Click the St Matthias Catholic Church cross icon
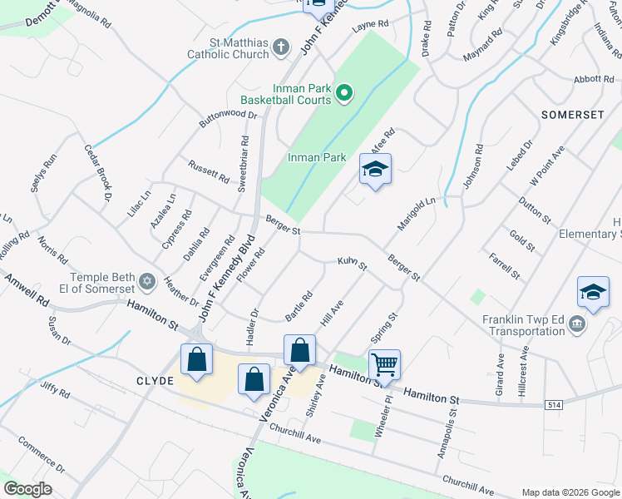coord(282,47)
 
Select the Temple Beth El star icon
coord(147,281)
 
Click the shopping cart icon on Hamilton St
coord(384,363)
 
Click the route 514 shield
coord(555,404)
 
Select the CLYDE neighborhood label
coord(155,381)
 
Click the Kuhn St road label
coord(352,264)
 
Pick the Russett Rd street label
coord(209,170)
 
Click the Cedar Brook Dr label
coord(97,173)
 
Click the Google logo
coord(27,489)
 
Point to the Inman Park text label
coord(317,157)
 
